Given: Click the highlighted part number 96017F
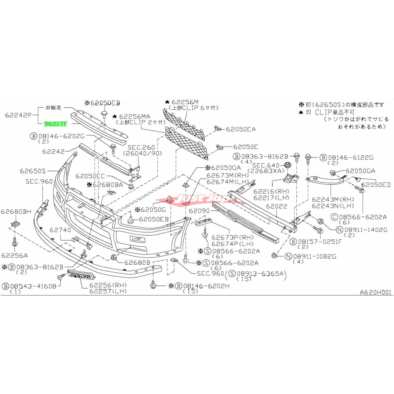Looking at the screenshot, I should (56, 124).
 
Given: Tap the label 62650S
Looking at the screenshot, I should (33, 170).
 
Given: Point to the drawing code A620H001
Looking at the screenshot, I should (376, 292).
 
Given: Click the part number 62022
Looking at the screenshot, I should (277, 207).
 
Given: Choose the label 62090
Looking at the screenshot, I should (199, 211).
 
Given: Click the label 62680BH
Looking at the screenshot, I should (16, 212).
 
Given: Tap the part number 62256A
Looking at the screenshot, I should (15, 255).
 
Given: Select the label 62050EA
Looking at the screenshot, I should (240, 130).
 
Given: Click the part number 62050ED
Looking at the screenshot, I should (376, 185).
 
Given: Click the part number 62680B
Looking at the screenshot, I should (137, 262).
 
